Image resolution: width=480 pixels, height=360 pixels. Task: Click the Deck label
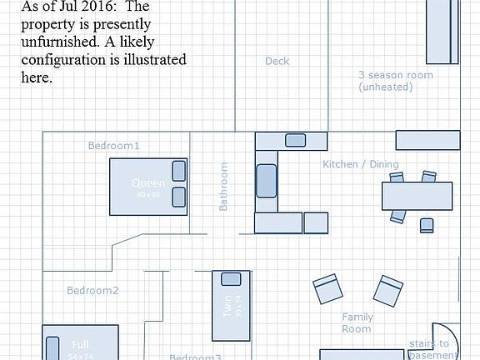tap(277, 61)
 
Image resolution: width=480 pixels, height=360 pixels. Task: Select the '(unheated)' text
tap(385, 87)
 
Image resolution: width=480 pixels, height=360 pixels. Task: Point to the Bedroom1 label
tap(113, 146)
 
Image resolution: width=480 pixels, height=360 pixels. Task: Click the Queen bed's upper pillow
tap(178, 171)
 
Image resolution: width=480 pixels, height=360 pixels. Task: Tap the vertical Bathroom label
tap(223, 186)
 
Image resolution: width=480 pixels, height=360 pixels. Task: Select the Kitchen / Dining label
tap(360, 164)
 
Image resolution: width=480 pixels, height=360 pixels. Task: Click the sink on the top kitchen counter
tap(295, 140)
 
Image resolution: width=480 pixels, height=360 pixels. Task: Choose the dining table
tap(417, 196)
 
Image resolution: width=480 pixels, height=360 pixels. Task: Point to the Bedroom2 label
tap(92, 291)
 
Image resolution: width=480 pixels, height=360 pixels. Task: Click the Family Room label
tap(357, 322)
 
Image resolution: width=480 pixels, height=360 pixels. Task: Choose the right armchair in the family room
tap(387, 291)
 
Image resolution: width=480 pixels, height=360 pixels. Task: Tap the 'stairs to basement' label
tap(428, 348)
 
